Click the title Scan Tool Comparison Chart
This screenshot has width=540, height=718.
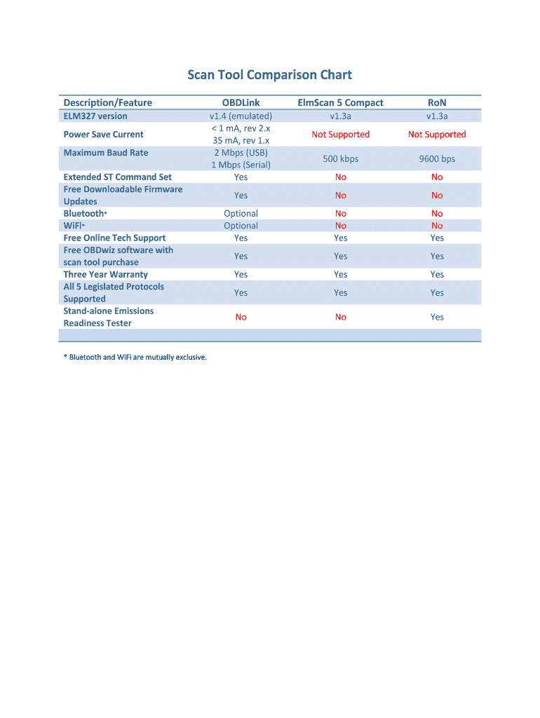pos(269,75)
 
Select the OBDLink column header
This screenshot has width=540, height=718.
pos(241,103)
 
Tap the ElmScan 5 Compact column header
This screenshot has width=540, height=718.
pos(340,103)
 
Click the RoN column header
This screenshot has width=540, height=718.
pos(437,103)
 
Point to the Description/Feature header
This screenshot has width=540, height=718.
pos(107,103)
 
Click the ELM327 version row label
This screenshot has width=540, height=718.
pos(95,116)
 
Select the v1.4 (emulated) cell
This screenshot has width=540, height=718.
pos(241,116)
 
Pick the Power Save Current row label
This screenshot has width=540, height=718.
pos(103,135)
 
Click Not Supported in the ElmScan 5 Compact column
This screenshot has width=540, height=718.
pos(340,135)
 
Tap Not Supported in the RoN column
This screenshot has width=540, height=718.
pos(437,135)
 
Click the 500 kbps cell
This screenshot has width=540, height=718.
pos(340,159)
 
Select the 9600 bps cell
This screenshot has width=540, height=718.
pos(437,159)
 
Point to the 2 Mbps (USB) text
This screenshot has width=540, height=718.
pos(241,153)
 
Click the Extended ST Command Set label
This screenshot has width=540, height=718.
pos(117,177)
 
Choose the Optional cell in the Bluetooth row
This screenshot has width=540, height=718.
pos(241,214)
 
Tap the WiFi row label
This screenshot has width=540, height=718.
pos(74,226)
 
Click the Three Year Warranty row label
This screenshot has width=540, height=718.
pos(105,275)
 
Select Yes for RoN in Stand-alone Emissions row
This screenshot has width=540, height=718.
pos(437,318)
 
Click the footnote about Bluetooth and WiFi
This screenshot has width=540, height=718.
pos(135,358)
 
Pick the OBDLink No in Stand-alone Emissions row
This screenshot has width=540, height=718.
pos(241,318)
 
